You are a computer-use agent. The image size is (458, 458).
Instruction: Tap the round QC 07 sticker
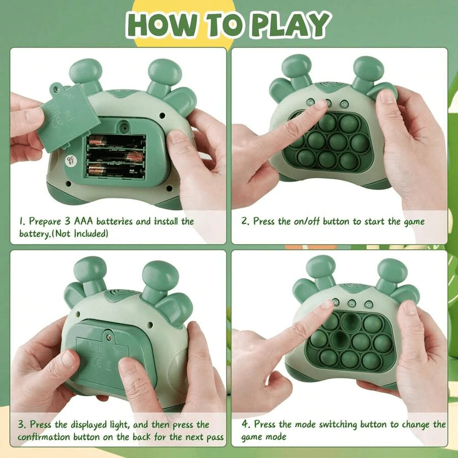[71, 160]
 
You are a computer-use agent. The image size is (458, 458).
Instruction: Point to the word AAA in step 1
[83, 221]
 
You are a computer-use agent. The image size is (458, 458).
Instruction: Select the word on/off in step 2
[307, 221]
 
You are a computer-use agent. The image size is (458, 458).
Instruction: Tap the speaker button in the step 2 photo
[344, 104]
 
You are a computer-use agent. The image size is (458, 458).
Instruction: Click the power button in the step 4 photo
[352, 304]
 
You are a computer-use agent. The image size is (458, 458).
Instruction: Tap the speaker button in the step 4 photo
[369, 305]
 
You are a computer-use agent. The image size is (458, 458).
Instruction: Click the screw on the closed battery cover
[110, 338]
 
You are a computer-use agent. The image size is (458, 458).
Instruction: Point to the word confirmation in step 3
[44, 437]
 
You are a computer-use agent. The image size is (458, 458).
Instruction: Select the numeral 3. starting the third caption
[22, 424]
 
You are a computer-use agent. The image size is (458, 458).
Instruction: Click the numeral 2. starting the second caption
[245, 221]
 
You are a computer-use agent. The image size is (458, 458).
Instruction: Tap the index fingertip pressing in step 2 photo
[323, 104]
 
